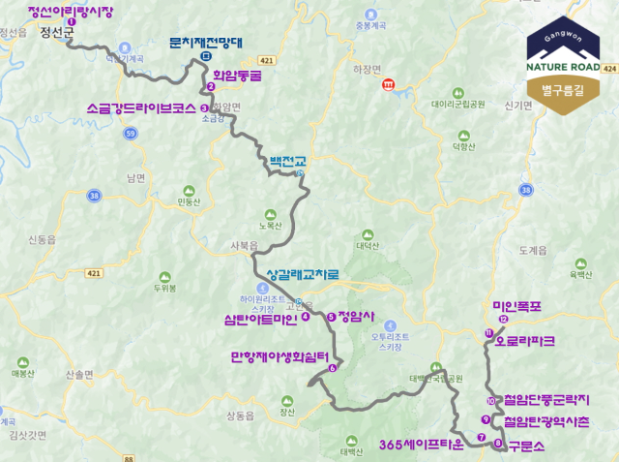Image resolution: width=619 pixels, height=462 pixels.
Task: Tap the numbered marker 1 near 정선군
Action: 72,20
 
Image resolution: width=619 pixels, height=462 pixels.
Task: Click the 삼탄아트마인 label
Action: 260,318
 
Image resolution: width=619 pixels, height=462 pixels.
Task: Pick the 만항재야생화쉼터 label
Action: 280,356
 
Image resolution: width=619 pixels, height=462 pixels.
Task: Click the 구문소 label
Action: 526,445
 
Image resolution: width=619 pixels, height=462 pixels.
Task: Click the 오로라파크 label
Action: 525,342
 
